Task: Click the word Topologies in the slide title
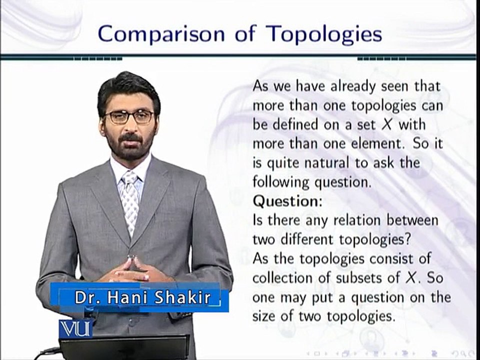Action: [x=324, y=34]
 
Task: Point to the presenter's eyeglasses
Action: [x=129, y=116]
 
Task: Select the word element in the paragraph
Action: [x=353, y=144]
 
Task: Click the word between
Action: [x=411, y=220]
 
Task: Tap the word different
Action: [x=305, y=239]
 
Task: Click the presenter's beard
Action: [x=131, y=147]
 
